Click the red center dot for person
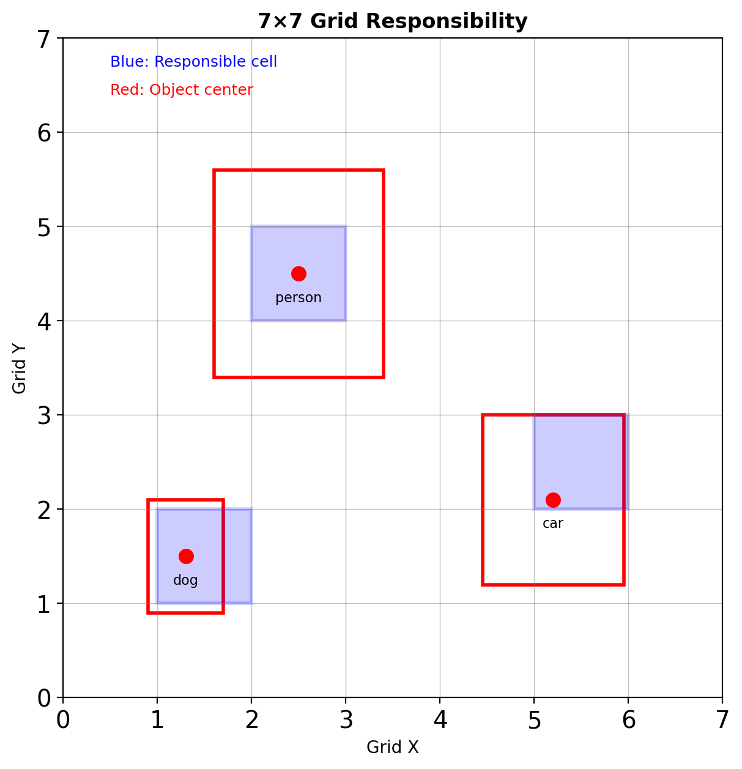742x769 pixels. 299,273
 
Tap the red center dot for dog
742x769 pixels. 186,556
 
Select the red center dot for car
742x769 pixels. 553,500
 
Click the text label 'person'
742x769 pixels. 299,298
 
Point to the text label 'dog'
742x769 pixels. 185,581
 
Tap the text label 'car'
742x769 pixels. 553,524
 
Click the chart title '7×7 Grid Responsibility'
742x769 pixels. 392,21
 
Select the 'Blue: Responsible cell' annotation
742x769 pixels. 193,62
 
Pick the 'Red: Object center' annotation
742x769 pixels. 181,90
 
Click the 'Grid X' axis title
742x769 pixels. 392,748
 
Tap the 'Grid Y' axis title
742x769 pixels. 20,368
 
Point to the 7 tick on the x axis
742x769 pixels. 722,721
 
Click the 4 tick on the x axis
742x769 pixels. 440,721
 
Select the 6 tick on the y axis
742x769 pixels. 44,133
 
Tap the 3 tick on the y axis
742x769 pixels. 44,415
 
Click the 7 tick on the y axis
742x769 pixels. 44,39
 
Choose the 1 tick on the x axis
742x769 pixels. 157,721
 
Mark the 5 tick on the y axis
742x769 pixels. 44,227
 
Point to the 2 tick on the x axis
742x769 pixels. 251,721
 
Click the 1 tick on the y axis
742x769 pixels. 44,604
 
